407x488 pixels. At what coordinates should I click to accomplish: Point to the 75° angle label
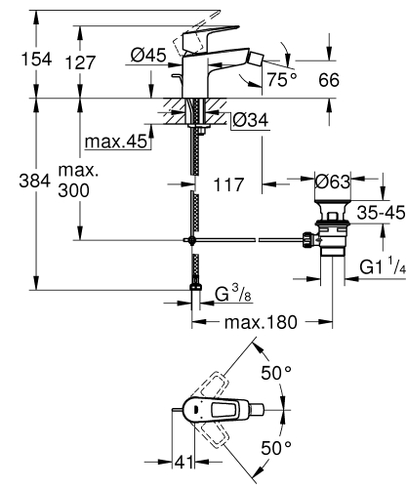point(282,80)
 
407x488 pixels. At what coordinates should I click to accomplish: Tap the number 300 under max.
point(73,190)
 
